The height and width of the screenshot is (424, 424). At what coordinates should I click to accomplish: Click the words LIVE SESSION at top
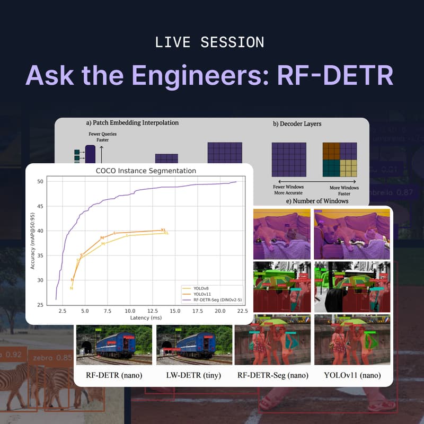pyautogui.click(x=209, y=42)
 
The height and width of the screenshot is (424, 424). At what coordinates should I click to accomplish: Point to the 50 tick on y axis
pyautogui.click(x=40, y=182)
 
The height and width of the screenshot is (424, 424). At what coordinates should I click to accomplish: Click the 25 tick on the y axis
pyautogui.click(x=40, y=305)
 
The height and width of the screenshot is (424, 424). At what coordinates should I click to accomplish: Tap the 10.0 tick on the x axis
pyautogui.click(x=129, y=311)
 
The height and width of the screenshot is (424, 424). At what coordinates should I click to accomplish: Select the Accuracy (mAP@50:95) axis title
pyautogui.click(x=33, y=243)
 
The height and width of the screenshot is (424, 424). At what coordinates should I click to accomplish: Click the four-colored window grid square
pyautogui.click(x=340, y=160)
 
